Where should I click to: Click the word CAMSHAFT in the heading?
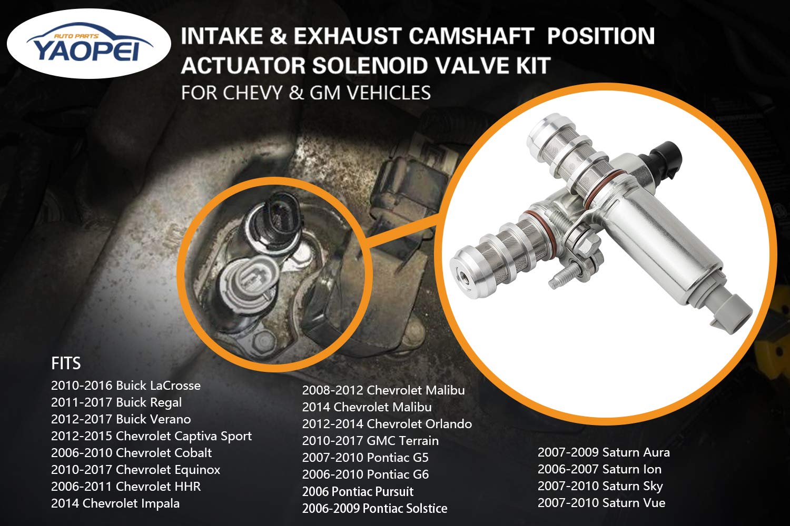(471, 36)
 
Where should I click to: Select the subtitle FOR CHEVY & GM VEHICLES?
(305, 93)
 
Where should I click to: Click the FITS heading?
(66, 363)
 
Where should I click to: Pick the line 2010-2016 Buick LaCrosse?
(126, 386)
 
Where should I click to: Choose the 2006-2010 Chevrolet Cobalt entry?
(131, 453)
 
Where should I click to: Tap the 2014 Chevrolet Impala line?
(115, 503)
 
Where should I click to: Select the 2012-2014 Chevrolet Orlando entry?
(387, 424)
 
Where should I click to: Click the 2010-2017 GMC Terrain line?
(370, 441)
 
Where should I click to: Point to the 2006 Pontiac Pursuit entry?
(358, 492)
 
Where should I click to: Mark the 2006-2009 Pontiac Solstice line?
(374, 509)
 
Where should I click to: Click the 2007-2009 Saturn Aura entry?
(604, 452)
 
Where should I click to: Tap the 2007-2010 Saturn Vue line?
(601, 503)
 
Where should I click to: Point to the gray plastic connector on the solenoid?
(735, 310)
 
